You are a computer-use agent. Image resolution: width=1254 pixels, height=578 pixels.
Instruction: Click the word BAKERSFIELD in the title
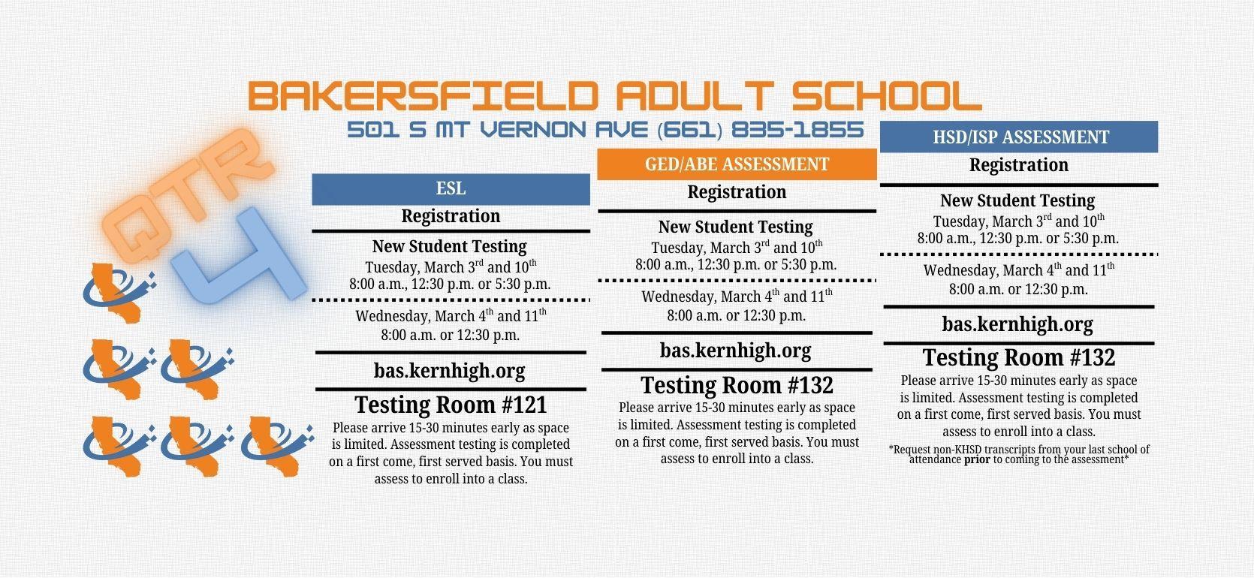pyautogui.click(x=423, y=97)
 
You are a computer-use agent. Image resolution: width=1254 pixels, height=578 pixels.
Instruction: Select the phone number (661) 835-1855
pyautogui.click(x=760, y=130)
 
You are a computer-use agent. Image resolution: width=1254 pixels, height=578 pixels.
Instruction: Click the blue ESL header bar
pyautogui.click(x=451, y=188)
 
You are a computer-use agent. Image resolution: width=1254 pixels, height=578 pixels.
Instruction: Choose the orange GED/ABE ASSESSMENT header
pyautogui.click(x=737, y=164)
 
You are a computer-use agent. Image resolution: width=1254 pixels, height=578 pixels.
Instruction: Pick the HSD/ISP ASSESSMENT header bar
pyautogui.click(x=1019, y=137)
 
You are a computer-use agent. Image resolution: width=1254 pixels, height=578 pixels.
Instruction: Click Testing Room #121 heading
pyautogui.click(x=451, y=405)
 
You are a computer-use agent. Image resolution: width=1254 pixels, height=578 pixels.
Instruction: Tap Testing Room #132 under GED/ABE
pyautogui.click(x=737, y=386)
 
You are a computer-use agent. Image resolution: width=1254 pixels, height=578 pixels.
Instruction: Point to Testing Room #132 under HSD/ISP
pyautogui.click(x=1019, y=358)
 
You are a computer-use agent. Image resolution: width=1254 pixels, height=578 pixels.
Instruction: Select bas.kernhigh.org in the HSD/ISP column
pyautogui.click(x=1017, y=324)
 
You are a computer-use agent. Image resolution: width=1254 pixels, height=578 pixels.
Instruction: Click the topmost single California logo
pyautogui.click(x=119, y=291)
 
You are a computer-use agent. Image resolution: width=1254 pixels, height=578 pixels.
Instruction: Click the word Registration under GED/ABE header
pyautogui.click(x=737, y=192)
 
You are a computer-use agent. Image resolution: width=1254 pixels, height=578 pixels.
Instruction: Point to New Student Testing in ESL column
pyautogui.click(x=449, y=246)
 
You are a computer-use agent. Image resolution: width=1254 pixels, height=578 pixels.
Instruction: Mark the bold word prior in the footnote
pyautogui.click(x=977, y=459)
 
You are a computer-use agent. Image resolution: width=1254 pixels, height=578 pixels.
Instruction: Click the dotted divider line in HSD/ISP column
pyautogui.click(x=1019, y=254)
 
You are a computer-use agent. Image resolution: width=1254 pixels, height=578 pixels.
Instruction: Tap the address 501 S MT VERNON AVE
pyautogui.click(x=499, y=130)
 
